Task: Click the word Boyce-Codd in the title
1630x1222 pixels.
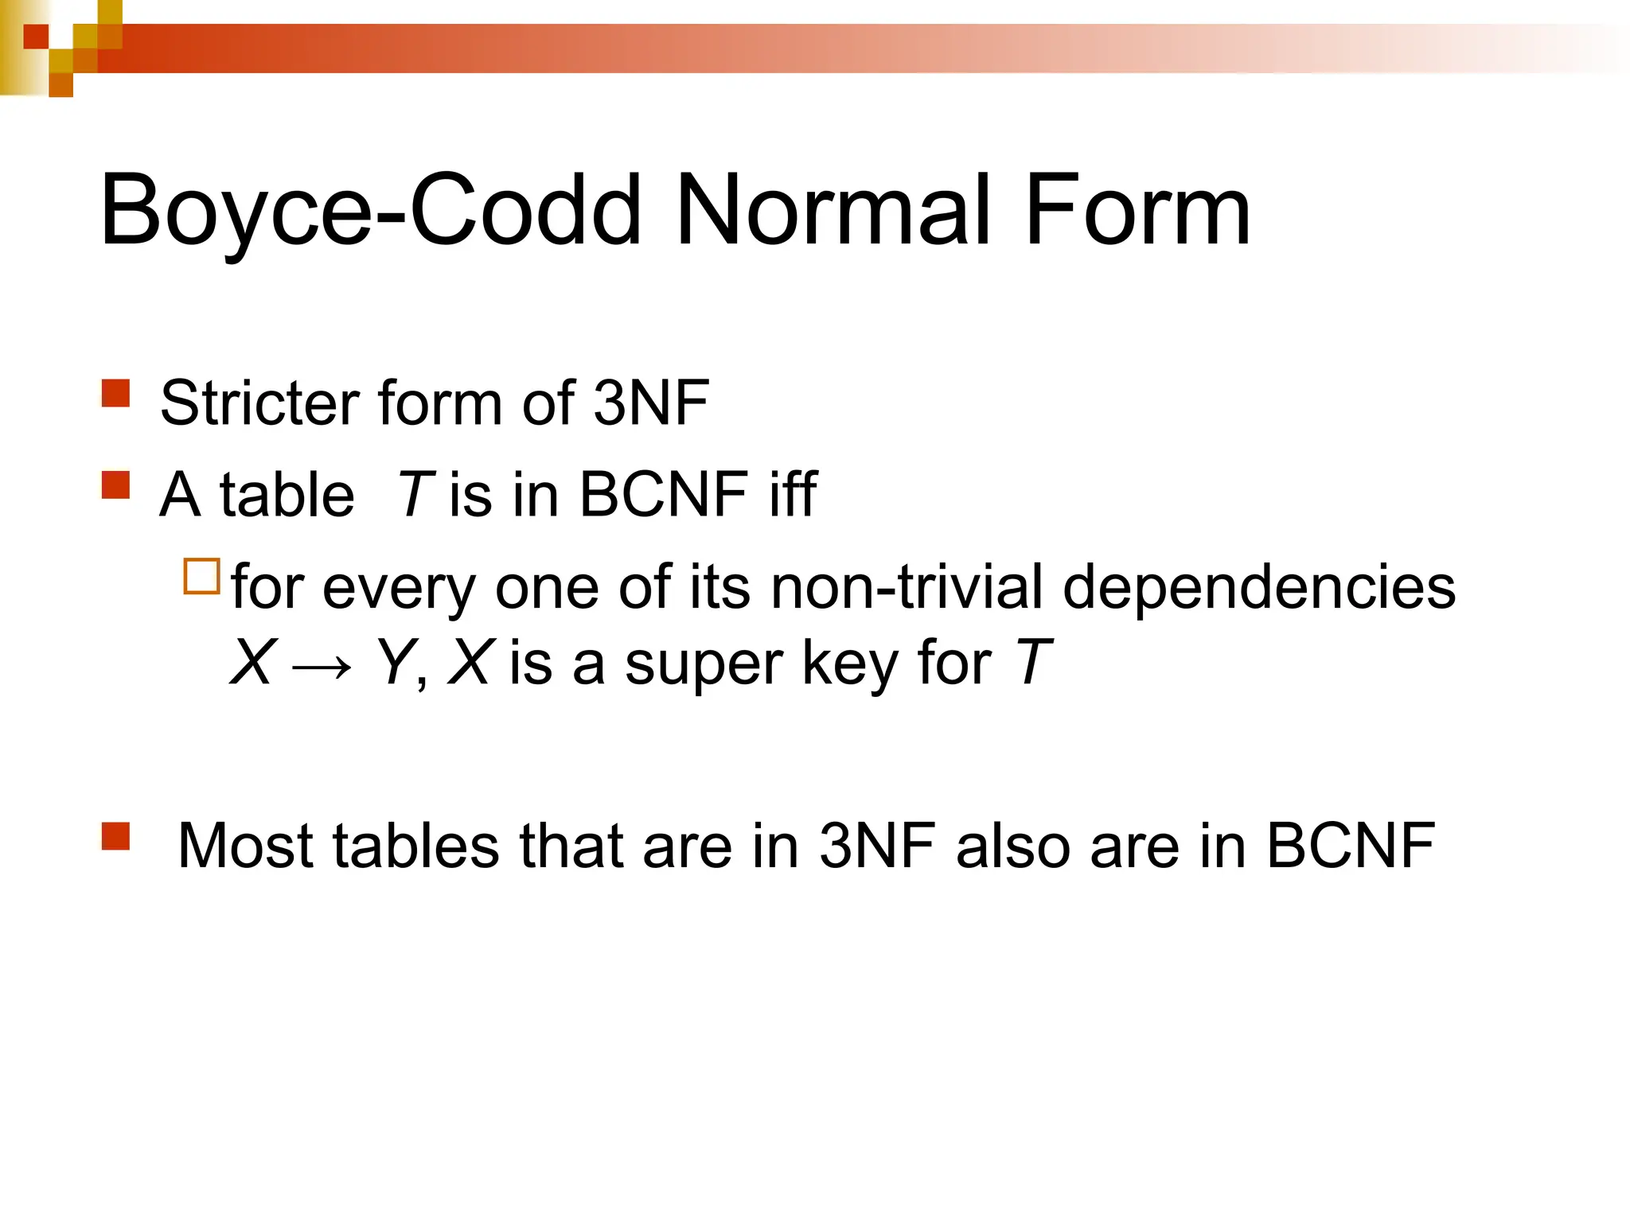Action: click(x=370, y=211)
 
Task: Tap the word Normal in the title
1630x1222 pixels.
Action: click(x=833, y=211)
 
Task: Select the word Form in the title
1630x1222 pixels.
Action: click(x=1137, y=211)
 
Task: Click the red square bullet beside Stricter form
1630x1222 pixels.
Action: click(x=116, y=393)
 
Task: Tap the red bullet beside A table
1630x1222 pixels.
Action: click(x=116, y=485)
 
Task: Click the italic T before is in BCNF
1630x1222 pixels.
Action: click(x=415, y=495)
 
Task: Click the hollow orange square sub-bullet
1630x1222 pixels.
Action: click(x=201, y=577)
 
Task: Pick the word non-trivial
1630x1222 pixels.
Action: click(x=907, y=587)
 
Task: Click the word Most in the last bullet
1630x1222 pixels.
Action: click(x=245, y=845)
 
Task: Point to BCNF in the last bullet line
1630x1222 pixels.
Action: click(x=1351, y=845)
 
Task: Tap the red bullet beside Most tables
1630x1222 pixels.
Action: click(x=116, y=835)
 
